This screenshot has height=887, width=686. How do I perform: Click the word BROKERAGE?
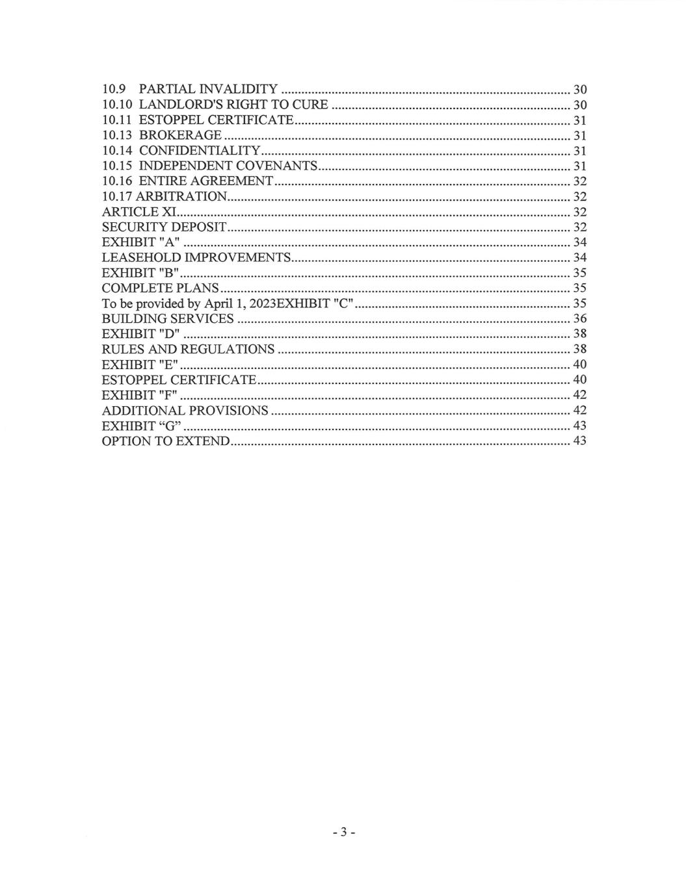pyautogui.click(x=180, y=135)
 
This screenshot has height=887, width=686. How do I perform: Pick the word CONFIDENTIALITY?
pyautogui.click(x=200, y=151)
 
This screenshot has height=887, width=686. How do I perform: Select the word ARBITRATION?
pyautogui.click(x=181, y=196)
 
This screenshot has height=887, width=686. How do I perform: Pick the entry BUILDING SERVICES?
pyautogui.click(x=168, y=318)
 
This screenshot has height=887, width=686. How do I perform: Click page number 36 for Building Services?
pyautogui.click(x=579, y=318)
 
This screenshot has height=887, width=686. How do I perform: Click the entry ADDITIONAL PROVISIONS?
pyautogui.click(x=185, y=410)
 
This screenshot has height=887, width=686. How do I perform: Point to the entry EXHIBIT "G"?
pyautogui.click(x=141, y=426)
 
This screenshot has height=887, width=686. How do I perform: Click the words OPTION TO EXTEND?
pyautogui.click(x=166, y=441)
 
